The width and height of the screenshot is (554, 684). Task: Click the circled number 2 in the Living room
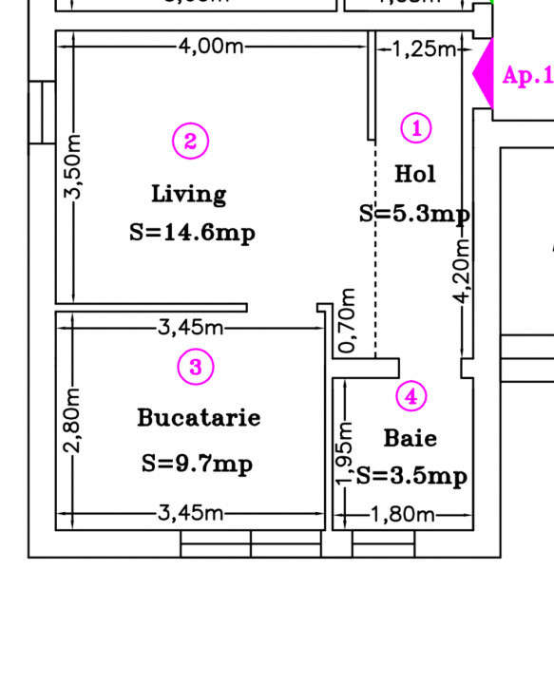pyautogui.click(x=190, y=142)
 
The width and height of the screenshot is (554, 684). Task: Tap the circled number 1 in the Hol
pyautogui.click(x=416, y=128)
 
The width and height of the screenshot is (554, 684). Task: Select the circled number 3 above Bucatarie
pyautogui.click(x=195, y=367)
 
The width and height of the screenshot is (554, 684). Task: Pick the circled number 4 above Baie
pyautogui.click(x=411, y=396)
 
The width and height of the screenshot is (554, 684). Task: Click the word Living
pyautogui.click(x=189, y=194)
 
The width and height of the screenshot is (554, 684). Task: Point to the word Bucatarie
pyautogui.click(x=199, y=417)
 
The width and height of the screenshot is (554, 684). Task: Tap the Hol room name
pyautogui.click(x=415, y=174)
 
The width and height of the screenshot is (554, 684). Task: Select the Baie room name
pyautogui.click(x=411, y=438)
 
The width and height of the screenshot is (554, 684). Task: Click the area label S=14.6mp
pyautogui.click(x=193, y=234)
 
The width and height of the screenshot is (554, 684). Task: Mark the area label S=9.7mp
pyautogui.click(x=198, y=465)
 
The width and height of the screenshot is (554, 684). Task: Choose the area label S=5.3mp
pyautogui.click(x=414, y=215)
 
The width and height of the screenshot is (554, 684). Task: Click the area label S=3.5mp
pyautogui.click(x=411, y=476)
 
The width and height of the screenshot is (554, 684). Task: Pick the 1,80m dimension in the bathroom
pyautogui.click(x=401, y=515)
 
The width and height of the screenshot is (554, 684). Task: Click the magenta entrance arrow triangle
pyautogui.click(x=484, y=74)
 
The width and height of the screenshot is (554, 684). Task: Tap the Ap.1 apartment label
pyautogui.click(x=526, y=76)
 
